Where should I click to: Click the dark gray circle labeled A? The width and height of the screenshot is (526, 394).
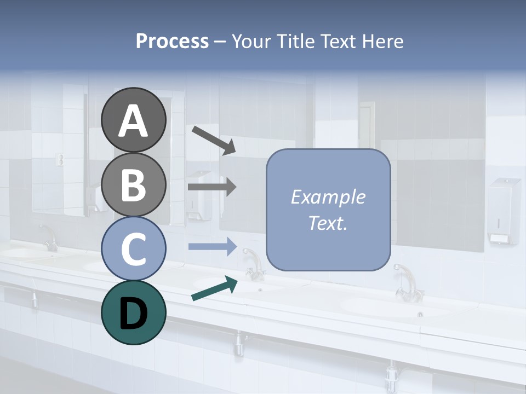click(133, 120)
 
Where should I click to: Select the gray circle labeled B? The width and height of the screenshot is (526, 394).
click(133, 184)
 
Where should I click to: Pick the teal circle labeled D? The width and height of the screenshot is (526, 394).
click(133, 312)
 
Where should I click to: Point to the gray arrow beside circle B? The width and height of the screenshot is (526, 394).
click(212, 187)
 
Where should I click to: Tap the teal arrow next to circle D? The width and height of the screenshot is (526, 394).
click(214, 288)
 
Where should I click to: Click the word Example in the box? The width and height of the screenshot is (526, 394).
click(328, 197)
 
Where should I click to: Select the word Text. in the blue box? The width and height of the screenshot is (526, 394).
click(328, 223)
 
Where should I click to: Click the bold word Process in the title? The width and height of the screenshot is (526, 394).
click(172, 41)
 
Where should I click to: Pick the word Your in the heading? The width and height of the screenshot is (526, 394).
click(251, 41)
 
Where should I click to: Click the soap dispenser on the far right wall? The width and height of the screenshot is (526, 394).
click(504, 211)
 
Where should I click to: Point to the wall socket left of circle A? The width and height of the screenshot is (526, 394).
click(60, 159)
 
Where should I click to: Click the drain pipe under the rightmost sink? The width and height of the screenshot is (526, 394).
click(392, 375)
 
